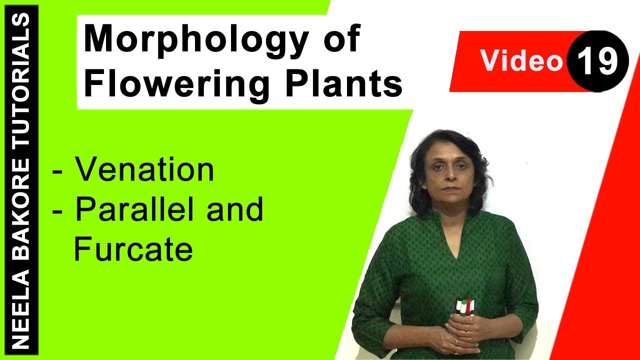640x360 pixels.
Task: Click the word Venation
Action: (144, 170)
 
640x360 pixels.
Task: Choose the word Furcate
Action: (133, 249)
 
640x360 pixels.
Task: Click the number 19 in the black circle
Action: (598, 61)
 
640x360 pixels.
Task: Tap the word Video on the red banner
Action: (521, 61)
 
